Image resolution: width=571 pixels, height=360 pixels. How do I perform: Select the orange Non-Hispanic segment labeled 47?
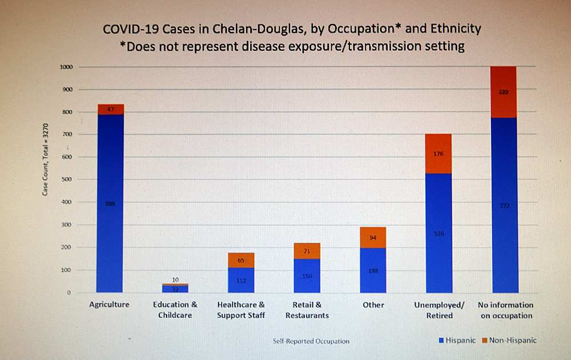[x=110, y=109]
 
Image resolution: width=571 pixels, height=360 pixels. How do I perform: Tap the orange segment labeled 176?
[x=439, y=153]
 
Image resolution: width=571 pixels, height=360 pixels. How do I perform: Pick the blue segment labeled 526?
[x=439, y=233]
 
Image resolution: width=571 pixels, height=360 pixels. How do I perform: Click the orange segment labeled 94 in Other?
[x=373, y=237]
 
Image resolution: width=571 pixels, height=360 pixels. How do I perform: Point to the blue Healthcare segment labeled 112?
[x=241, y=280]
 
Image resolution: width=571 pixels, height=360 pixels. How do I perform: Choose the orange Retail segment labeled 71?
[x=307, y=250]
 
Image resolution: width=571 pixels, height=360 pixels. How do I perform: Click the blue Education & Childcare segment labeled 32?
[x=175, y=289]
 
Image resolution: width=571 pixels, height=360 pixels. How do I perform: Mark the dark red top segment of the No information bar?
[x=504, y=92]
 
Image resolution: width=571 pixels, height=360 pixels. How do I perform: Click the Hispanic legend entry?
[x=457, y=341]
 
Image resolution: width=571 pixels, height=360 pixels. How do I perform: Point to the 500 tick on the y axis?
[x=67, y=180]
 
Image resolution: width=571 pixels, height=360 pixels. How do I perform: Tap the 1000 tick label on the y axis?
[x=66, y=67]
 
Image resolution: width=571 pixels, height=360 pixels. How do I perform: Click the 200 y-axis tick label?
[x=67, y=248]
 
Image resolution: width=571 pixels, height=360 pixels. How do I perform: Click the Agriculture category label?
[x=109, y=305]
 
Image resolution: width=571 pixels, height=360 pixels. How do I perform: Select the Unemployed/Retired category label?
[x=439, y=310]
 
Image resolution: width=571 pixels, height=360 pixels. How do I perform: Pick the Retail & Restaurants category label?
[x=307, y=310]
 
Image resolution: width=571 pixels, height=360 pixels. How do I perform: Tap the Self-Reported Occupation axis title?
[x=311, y=341]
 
